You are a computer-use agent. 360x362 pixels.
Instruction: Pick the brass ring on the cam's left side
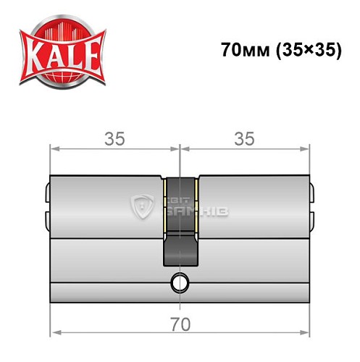coord(166,206)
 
